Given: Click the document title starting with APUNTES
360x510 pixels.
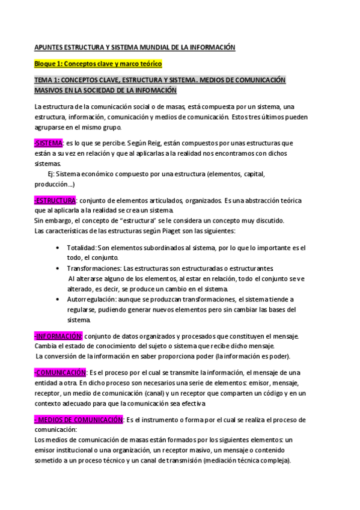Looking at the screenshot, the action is click(x=135, y=46).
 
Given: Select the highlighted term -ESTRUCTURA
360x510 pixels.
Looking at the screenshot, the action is click(x=55, y=200).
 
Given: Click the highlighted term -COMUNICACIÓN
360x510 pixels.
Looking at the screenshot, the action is click(x=60, y=373).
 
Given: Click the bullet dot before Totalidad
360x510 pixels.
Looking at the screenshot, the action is click(x=56, y=248).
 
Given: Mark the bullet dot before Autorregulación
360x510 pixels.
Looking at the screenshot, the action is click(x=56, y=300).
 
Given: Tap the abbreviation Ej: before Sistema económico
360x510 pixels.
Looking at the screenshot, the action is click(x=52, y=174).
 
